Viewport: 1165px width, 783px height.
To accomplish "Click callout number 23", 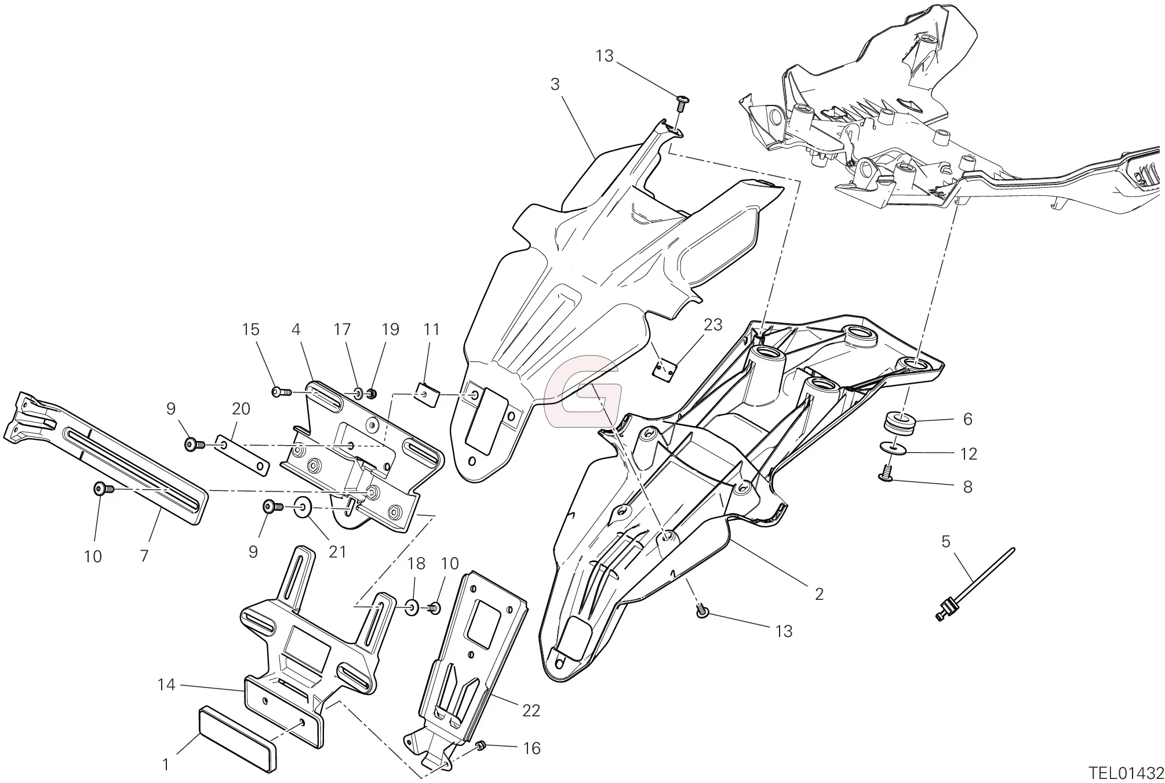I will pyautogui.click(x=712, y=325).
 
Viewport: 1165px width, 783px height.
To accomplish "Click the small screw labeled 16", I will pyautogui.click(x=479, y=745).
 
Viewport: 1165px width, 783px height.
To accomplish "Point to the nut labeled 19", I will pyautogui.click(x=372, y=394).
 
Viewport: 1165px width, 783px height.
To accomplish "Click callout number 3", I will pyautogui.click(x=555, y=85).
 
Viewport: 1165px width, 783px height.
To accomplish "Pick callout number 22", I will pyautogui.click(x=531, y=711).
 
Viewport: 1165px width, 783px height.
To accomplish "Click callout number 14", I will pyautogui.click(x=166, y=685).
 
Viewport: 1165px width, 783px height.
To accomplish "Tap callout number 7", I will pyautogui.click(x=144, y=556).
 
